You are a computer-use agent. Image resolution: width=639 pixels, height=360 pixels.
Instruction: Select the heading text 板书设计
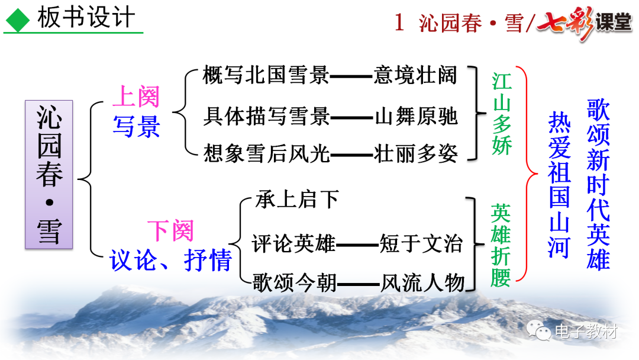coord(86,18)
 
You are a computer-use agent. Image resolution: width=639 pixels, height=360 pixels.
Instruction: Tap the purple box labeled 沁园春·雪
coord(49,173)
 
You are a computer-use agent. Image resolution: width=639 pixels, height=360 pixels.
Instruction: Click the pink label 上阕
coord(136,97)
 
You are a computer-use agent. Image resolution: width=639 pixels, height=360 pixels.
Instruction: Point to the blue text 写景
coord(136,126)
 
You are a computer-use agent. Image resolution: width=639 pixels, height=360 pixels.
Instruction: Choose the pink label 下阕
coord(170,230)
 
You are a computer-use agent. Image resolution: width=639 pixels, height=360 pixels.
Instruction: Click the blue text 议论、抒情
coord(170,260)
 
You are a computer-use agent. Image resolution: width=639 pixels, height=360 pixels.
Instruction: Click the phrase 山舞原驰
coord(417,116)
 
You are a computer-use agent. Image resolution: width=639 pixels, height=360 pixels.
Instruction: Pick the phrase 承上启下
coord(296,200)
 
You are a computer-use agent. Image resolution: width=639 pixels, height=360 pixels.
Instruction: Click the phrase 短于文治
coord(421,243)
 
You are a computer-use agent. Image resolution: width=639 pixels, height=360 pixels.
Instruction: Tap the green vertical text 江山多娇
coord(502,114)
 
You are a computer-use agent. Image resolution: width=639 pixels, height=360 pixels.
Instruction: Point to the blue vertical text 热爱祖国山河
coord(559,185)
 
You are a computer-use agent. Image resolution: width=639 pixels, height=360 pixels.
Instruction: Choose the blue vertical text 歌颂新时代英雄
coord(598,184)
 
